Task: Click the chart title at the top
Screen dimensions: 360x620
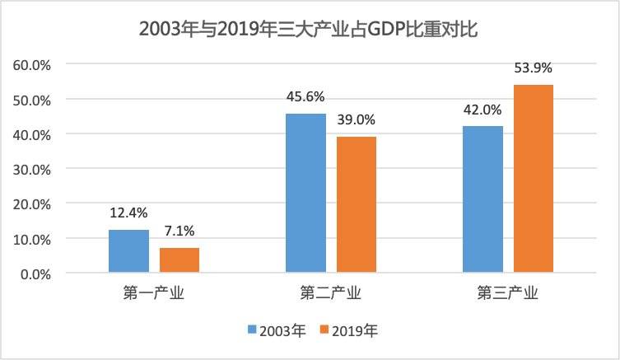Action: click(x=309, y=30)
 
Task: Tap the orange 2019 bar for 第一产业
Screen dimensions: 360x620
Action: click(x=179, y=260)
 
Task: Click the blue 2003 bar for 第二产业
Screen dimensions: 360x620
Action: click(x=305, y=193)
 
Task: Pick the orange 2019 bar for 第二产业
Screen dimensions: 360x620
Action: click(x=357, y=204)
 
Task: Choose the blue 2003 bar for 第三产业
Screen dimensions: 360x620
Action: click(x=482, y=199)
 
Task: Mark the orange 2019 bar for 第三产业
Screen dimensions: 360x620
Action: click(x=534, y=179)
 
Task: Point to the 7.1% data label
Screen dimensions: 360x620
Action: click(x=179, y=232)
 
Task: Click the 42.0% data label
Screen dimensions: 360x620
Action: click(x=482, y=110)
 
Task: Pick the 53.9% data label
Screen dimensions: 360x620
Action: click(x=534, y=68)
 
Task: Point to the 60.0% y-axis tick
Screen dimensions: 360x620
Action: click(x=32, y=64)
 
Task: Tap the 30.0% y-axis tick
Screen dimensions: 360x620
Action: click(x=32, y=169)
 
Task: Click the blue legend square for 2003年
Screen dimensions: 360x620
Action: click(x=252, y=331)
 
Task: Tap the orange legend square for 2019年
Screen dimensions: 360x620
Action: click(x=324, y=331)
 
